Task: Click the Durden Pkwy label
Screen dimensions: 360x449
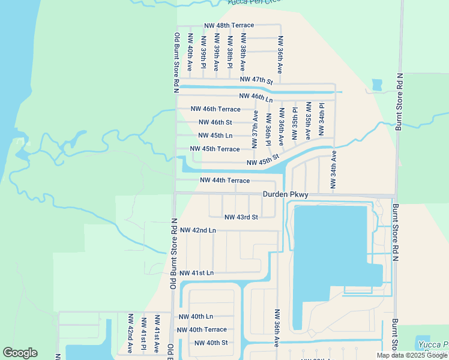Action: pyautogui.click(x=285, y=194)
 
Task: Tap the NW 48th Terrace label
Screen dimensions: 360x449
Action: pyautogui.click(x=229, y=25)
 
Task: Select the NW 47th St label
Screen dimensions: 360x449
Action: pyautogui.click(x=256, y=80)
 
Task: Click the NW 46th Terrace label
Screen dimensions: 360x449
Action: pyautogui.click(x=215, y=109)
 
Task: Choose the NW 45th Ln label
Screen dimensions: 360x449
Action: pyautogui.click(x=215, y=136)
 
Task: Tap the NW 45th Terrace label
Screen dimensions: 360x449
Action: pyautogui.click(x=215, y=149)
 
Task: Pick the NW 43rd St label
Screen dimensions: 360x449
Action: pyautogui.click(x=241, y=217)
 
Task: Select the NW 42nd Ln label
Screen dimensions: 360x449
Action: pyautogui.click(x=198, y=230)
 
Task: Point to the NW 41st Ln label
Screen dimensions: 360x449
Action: pyautogui.click(x=196, y=273)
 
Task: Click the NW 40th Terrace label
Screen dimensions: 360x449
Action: pyautogui.click(x=202, y=329)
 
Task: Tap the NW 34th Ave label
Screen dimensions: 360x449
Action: pyautogui.click(x=334, y=172)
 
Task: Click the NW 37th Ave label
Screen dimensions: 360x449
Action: pyautogui.click(x=255, y=129)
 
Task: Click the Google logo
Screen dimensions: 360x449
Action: pyautogui.click(x=20, y=353)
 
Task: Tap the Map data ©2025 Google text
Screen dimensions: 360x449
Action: pyautogui.click(x=412, y=355)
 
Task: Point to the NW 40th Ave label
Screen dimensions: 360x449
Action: pyautogui.click(x=190, y=58)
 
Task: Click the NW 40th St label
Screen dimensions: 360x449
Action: pyautogui.click(x=211, y=343)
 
